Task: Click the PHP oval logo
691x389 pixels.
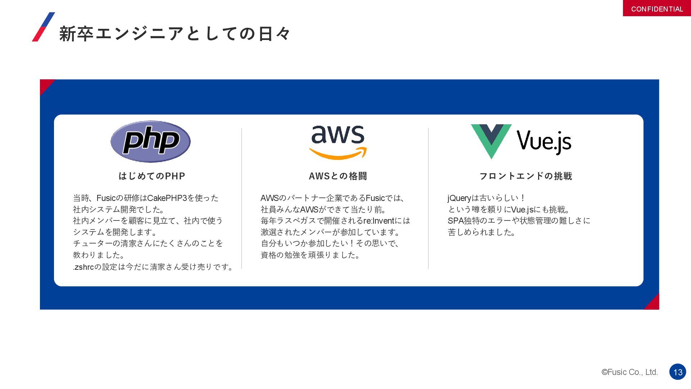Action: [150, 142]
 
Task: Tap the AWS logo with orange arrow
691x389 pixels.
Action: [338, 142]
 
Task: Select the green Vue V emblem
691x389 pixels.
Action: [491, 140]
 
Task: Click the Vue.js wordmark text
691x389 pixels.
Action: [544, 141]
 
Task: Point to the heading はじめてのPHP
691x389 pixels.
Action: [152, 176]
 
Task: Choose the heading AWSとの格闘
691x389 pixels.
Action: [338, 176]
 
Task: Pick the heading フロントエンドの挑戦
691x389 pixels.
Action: [525, 176]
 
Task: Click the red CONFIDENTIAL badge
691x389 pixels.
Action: [657, 9]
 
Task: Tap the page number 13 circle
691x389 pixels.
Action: [678, 372]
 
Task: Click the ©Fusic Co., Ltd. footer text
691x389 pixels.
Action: [629, 372]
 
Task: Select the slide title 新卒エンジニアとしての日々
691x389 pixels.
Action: [175, 34]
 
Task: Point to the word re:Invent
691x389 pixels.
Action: [379, 221]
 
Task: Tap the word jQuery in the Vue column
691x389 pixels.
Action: [459, 198]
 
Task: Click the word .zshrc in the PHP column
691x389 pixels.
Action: [83, 267]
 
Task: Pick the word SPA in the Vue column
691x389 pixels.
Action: [455, 221]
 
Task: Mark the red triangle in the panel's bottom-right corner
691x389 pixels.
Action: [654, 304]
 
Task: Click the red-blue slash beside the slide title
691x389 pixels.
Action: [43, 27]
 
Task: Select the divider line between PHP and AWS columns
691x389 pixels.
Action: [241, 198]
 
